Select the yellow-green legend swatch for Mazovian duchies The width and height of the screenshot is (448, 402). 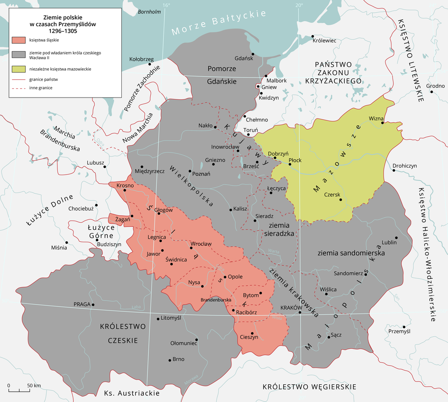19,69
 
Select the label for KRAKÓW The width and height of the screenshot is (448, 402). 288,307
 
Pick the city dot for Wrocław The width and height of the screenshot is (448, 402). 188,248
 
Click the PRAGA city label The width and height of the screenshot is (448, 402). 81,304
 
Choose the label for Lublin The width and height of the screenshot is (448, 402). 389,242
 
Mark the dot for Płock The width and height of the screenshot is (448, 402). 290,164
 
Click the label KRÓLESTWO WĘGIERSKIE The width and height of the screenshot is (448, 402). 309,387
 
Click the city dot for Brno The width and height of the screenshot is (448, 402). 169,360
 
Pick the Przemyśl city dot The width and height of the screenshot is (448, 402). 404,327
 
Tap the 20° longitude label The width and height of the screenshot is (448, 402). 299,5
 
